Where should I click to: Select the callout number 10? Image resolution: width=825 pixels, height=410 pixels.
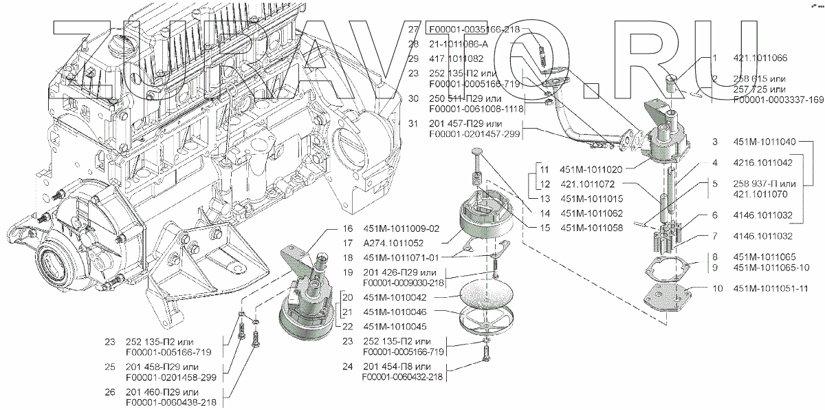[x=717, y=288]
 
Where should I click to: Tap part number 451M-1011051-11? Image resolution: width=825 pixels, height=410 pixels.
[x=771, y=288]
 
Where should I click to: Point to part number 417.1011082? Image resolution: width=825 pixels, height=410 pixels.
[x=456, y=59]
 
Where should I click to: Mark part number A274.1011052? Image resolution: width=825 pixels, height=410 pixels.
[x=394, y=243]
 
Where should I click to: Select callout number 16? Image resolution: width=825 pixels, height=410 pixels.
[x=347, y=228]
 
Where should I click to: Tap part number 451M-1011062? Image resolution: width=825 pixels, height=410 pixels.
[x=591, y=213]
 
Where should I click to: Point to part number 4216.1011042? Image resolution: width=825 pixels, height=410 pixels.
[x=764, y=163]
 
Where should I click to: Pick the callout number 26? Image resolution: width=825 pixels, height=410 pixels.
[x=111, y=391]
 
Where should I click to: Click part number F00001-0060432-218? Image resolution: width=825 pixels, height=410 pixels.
[x=402, y=376]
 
